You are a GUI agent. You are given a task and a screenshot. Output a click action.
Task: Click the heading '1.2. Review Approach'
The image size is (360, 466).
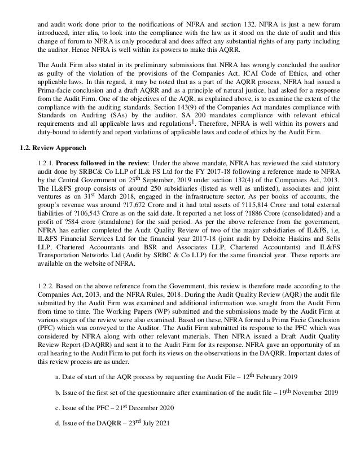click(50, 148)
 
